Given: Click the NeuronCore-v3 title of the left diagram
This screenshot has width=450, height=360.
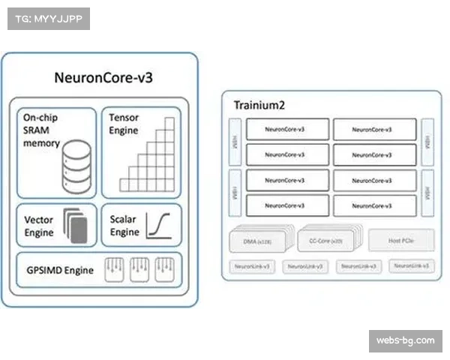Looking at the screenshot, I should pyautogui.click(x=104, y=77).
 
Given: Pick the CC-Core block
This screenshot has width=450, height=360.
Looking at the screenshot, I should pyautogui.click(x=327, y=240).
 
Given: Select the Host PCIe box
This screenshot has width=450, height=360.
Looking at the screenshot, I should pyautogui.click(x=401, y=240).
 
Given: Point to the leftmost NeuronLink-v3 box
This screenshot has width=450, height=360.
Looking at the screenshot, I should pyautogui.click(x=251, y=266).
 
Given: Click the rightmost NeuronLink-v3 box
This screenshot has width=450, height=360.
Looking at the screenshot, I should pyautogui.click(x=412, y=266).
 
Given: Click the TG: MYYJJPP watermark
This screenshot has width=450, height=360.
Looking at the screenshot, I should pyautogui.click(x=48, y=18).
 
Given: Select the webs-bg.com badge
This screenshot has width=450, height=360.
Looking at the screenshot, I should pyautogui.click(x=405, y=341).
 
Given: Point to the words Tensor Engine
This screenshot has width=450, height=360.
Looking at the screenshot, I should pyautogui.click(x=124, y=124).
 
